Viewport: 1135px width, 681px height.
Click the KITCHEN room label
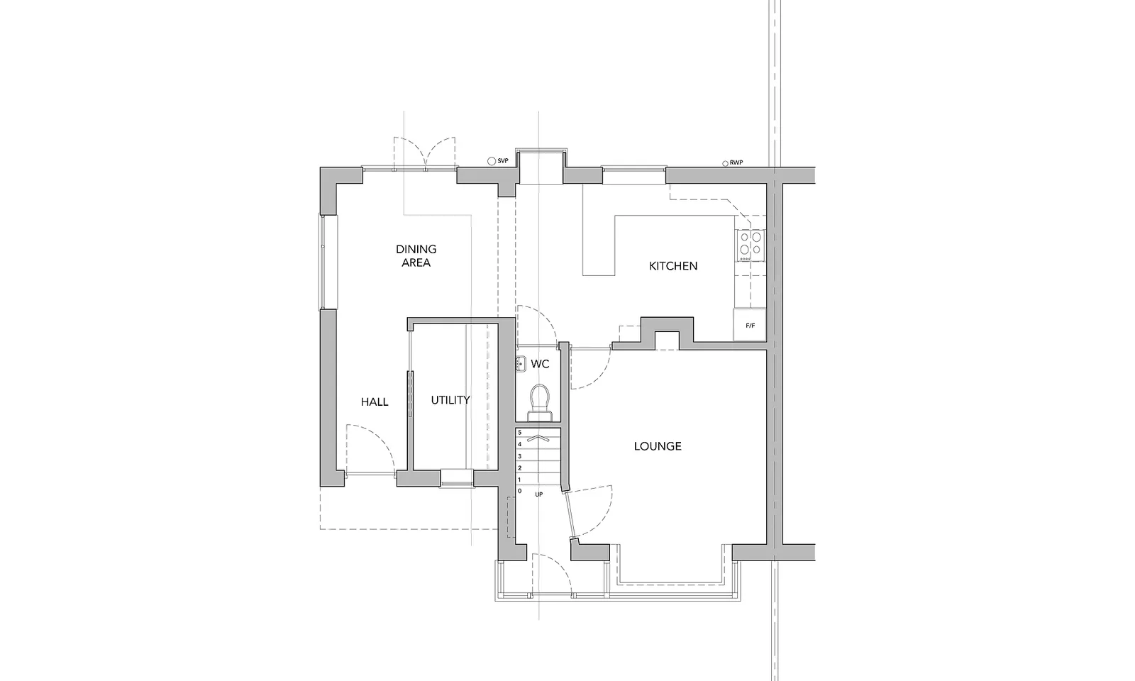tap(673, 266)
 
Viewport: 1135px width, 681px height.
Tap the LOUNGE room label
tap(658, 446)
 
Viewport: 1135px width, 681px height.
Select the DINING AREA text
tap(416, 256)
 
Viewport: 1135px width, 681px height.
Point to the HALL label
tap(375, 402)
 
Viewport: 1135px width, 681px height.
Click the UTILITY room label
tap(450, 400)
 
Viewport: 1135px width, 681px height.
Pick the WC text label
tap(540, 364)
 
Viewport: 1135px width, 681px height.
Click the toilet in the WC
tap(540, 403)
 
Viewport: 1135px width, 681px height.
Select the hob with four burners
tap(751, 245)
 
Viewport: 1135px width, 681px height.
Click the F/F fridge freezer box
tap(750, 325)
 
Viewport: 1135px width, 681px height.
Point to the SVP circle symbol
tap(491, 161)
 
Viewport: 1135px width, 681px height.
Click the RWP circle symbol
tap(726, 164)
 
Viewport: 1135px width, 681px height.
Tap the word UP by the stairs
tap(538, 494)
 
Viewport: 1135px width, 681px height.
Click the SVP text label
tap(503, 161)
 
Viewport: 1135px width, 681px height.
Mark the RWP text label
tap(736, 163)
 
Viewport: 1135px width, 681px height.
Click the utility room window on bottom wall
tap(457, 478)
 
